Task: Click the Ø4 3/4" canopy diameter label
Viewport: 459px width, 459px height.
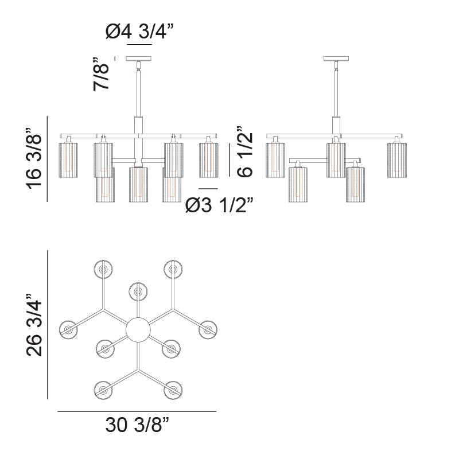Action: point(139,32)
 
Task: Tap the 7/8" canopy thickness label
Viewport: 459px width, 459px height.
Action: point(101,74)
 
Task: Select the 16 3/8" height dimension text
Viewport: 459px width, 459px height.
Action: point(34,158)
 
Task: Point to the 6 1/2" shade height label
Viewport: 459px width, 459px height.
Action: point(244,151)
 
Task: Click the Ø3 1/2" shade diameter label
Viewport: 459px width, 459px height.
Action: point(219,205)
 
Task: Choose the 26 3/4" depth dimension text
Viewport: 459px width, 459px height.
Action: point(34,324)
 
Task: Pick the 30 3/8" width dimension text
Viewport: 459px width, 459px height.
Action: point(137,425)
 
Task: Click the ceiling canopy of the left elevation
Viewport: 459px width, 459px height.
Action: point(139,59)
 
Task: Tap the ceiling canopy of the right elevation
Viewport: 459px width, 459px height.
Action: point(336,59)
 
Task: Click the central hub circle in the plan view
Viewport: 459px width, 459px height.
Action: point(138,329)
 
